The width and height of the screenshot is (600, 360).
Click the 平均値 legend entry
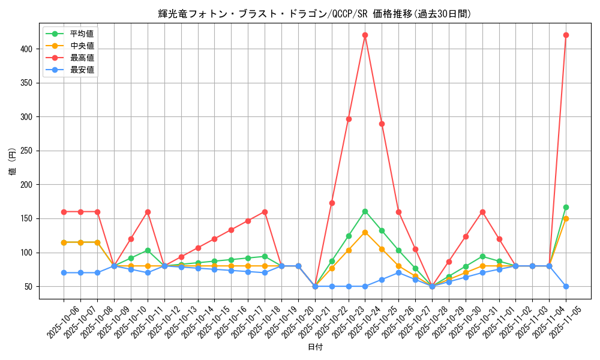point(82,34)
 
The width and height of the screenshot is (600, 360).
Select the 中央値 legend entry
point(82,46)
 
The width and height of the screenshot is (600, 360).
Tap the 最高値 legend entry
point(82,58)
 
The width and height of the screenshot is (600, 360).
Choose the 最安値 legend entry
point(82,70)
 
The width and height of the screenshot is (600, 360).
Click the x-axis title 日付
point(315,347)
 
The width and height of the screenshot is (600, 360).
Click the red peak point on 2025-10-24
point(365,35)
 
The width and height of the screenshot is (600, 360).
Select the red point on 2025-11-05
point(566,35)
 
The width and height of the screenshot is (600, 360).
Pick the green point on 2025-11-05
point(566,207)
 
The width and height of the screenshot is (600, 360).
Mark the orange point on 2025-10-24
point(365,232)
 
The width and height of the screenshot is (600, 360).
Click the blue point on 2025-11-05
point(566,286)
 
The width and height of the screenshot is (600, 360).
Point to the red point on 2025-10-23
point(349,119)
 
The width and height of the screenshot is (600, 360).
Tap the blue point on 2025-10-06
point(64,272)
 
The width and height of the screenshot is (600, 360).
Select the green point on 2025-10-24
point(365,211)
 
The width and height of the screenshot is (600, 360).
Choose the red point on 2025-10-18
point(265,212)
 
